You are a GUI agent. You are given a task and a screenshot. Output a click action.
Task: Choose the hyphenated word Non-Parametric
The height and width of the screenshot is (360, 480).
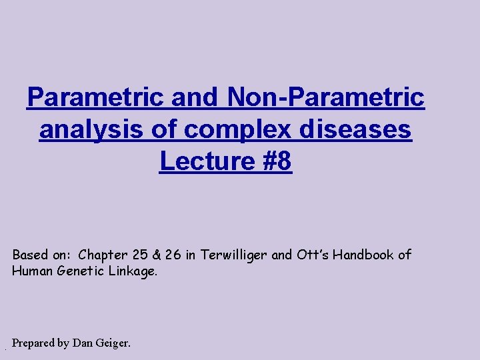(x=326, y=97)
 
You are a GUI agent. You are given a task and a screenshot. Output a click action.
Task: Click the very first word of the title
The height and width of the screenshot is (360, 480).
(x=97, y=97)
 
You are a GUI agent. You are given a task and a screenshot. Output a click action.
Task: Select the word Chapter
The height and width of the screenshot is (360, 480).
(x=104, y=255)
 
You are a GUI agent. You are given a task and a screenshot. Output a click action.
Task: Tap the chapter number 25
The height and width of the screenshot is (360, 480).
(x=145, y=255)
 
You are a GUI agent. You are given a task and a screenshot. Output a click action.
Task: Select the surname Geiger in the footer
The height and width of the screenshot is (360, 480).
(x=113, y=343)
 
